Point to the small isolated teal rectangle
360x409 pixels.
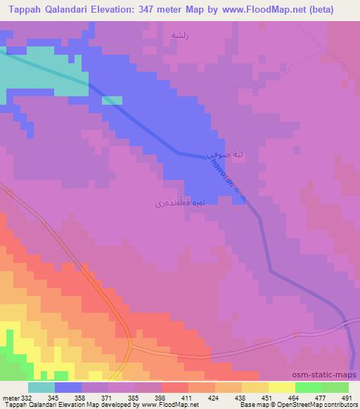pos(112,100)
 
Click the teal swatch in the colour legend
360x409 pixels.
pos(41,387)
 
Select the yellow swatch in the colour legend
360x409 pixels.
pos(281,387)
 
